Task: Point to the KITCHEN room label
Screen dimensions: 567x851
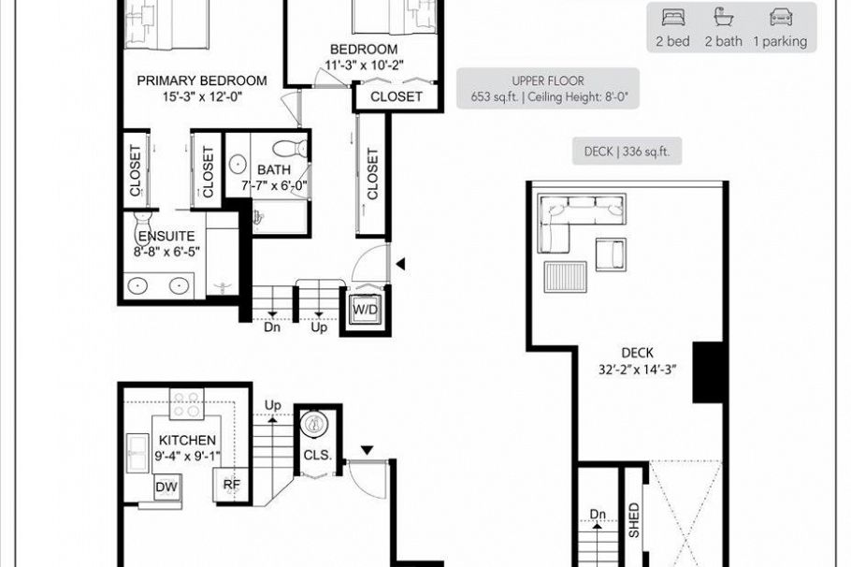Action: (x=188, y=441)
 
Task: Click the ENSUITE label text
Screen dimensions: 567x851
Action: (x=165, y=237)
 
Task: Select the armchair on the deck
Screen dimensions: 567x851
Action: (x=612, y=254)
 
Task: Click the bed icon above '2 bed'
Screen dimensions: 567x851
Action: (x=673, y=17)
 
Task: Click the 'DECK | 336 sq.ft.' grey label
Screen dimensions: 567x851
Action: (x=627, y=151)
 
